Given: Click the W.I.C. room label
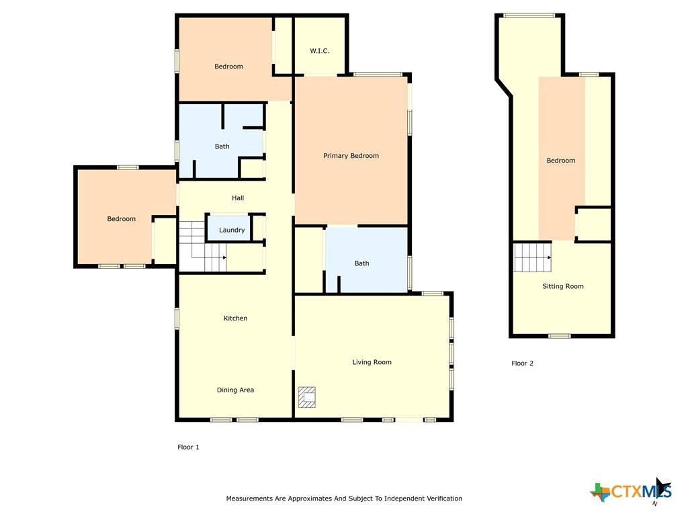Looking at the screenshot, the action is pos(319,51).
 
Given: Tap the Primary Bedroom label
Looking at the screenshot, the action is pos(351,156).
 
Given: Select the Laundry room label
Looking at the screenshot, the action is pos(232,230).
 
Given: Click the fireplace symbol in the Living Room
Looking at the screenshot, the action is pos(306,397).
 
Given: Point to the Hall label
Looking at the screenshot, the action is pos(238,198).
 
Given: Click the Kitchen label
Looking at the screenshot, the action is pos(236,318).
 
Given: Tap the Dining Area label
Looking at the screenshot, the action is pos(236,390).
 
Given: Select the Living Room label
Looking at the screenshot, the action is pos(372,362).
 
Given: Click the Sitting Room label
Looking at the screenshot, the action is pos(563,286).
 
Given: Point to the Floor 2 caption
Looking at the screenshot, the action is pos(522,363).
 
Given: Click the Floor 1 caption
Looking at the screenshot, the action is pos(188,447).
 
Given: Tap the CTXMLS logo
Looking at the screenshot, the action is pos(631,490).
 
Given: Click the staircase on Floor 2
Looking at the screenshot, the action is pos(532,257).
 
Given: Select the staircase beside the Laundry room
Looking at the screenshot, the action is pos(203,247).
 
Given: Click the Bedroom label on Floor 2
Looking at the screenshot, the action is pos(561,161).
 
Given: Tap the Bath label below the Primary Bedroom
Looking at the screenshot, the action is pos(361,263).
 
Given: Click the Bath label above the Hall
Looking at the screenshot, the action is pos(222,146).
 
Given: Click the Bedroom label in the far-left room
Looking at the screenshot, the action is pos(122,219).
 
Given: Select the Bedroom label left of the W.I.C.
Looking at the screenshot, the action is pos(228,67).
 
